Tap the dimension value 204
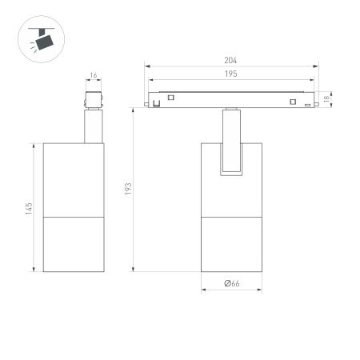click(x=231, y=61)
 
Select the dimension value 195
click(x=231, y=74)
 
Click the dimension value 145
click(x=28, y=207)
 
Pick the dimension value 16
click(x=93, y=76)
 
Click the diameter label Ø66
click(x=232, y=283)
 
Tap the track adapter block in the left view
click(x=93, y=101)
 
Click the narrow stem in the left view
click(x=93, y=126)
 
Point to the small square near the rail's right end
click(x=294, y=101)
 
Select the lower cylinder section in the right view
click(x=231, y=244)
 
